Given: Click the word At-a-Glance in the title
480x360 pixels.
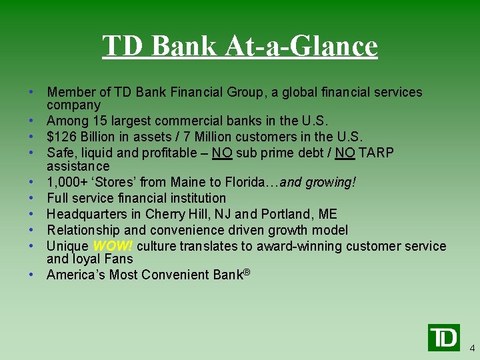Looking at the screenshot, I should click(301, 47).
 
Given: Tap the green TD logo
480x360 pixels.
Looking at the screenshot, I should click(443, 337).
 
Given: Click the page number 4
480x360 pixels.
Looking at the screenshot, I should click(472, 348).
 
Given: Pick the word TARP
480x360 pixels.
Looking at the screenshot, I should click(376, 153).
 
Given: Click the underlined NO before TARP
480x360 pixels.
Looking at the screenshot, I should click(345, 153).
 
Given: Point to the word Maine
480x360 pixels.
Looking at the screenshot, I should click(190, 182).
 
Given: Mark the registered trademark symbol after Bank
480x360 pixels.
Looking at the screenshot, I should click(246, 272).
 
